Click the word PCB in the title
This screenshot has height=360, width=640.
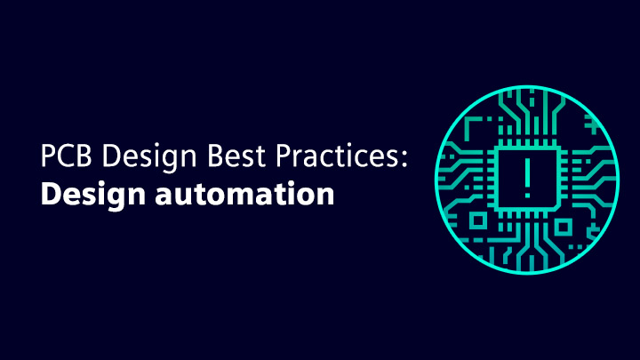(x=66, y=156)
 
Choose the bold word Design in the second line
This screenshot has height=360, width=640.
(x=93, y=195)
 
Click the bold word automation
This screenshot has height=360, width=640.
(x=245, y=195)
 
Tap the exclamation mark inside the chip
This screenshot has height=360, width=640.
(x=527, y=178)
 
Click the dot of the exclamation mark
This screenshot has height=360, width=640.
(x=527, y=196)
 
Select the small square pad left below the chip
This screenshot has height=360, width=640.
(x=478, y=220)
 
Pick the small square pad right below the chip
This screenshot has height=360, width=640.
(x=563, y=227)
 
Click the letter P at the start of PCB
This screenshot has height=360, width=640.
(x=48, y=156)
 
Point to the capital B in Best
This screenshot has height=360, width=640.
(x=216, y=156)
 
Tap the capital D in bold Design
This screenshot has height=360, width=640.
(x=51, y=194)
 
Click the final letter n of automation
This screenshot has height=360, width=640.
(x=325, y=196)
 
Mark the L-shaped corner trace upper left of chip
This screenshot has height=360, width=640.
(x=473, y=126)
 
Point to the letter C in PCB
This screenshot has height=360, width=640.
(x=67, y=156)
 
